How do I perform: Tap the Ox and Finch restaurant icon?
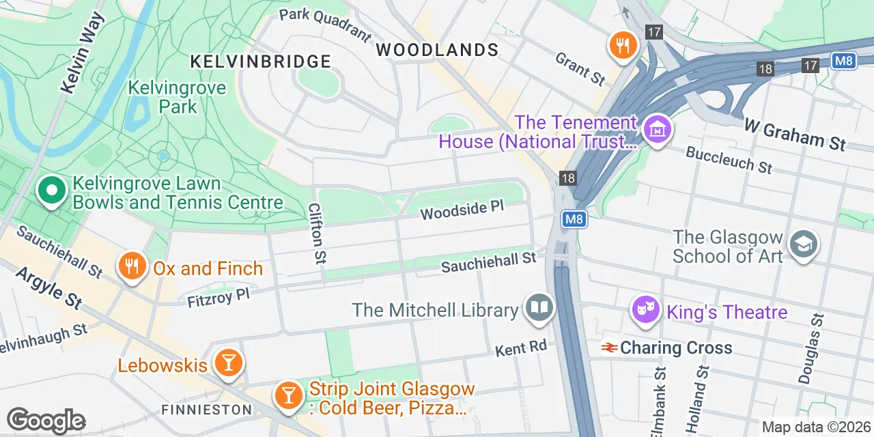pyautogui.click(x=132, y=266)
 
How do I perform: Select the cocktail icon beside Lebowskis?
pyautogui.click(x=227, y=363)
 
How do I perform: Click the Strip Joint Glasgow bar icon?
pyautogui.click(x=288, y=395)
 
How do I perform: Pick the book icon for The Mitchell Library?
pyautogui.click(x=539, y=307)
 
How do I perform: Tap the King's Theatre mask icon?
pyautogui.click(x=644, y=311)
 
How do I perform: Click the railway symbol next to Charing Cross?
pyautogui.click(x=609, y=348)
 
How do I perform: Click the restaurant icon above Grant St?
pyautogui.click(x=622, y=46)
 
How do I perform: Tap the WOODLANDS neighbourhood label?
pyautogui.click(x=437, y=50)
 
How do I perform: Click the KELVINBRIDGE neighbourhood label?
pyautogui.click(x=260, y=61)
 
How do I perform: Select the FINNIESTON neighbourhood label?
pyautogui.click(x=206, y=410)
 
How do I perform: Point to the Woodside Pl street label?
pyautogui.click(x=462, y=210)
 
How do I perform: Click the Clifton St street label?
pyautogui.click(x=317, y=233)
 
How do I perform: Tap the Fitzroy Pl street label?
pyautogui.click(x=218, y=297)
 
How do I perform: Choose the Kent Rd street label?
pyautogui.click(x=521, y=348)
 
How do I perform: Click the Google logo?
pyautogui.click(x=46, y=421)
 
